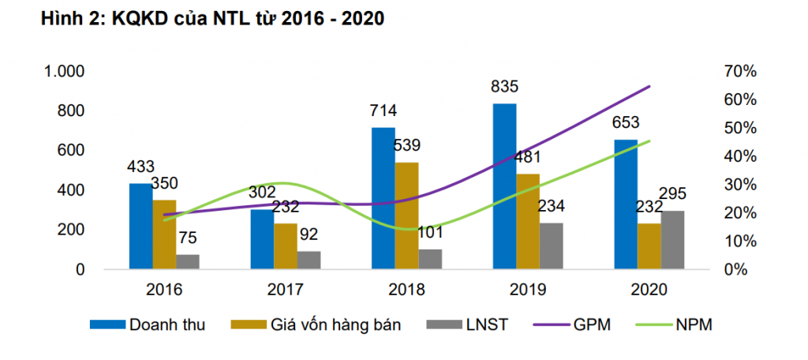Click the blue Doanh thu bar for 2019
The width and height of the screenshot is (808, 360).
[x=504, y=186]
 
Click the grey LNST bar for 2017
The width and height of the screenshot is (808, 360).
[x=309, y=260]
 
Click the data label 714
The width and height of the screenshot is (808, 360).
[x=383, y=111]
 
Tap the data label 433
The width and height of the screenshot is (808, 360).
[x=141, y=167]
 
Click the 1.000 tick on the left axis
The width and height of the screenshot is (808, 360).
[x=64, y=71]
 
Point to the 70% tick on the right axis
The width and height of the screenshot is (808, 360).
[x=739, y=71]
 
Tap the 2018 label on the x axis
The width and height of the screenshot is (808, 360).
[x=407, y=290]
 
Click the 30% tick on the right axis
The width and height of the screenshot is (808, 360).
[x=739, y=185]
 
